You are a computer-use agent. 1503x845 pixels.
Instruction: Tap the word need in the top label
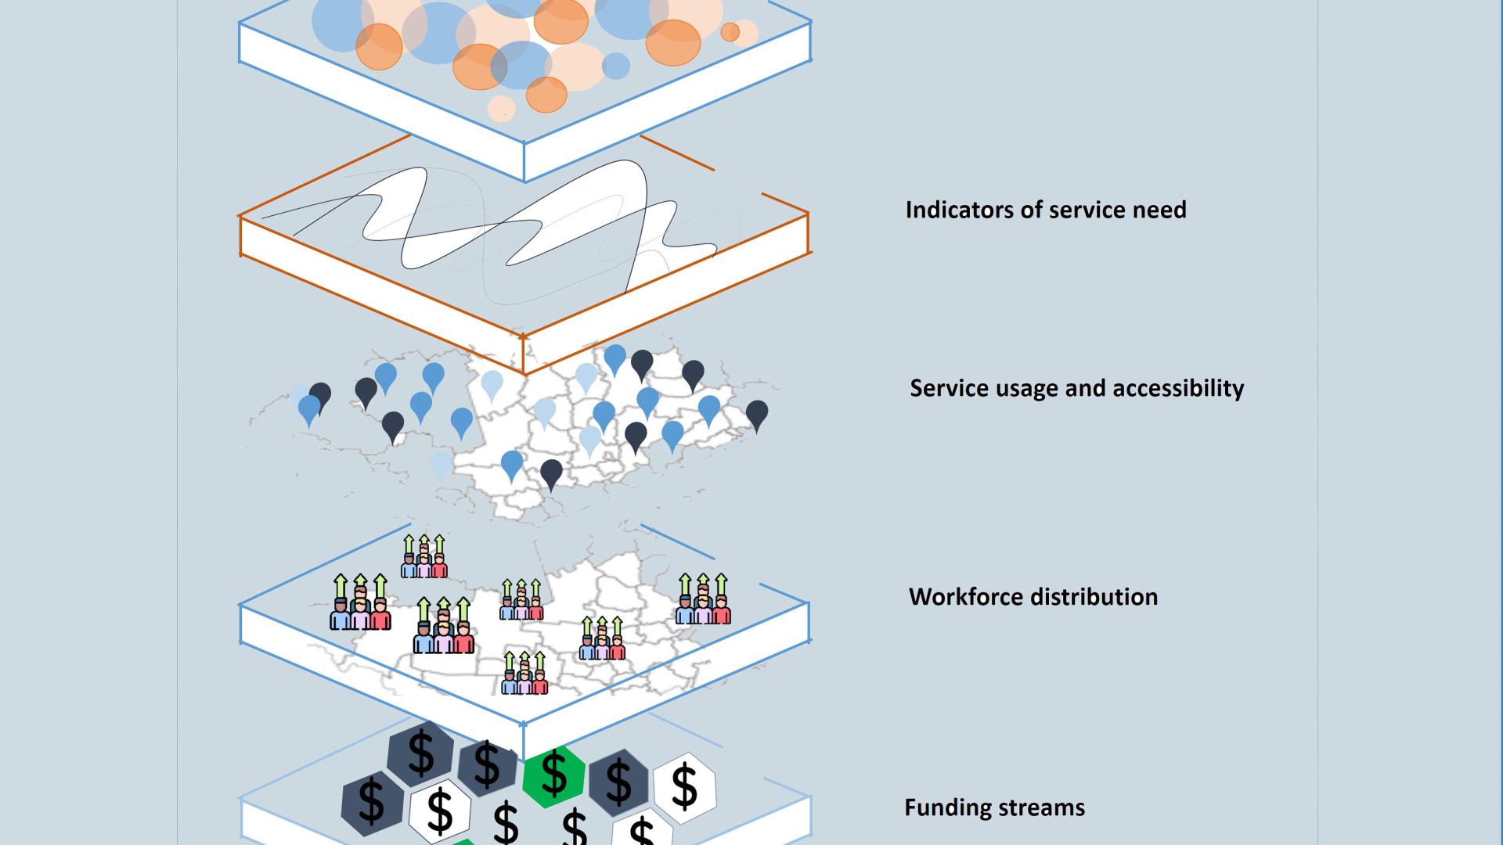point(1162,210)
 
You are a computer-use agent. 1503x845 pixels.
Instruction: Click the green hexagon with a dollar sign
point(554,775)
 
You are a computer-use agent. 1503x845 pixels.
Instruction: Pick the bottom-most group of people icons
point(524,674)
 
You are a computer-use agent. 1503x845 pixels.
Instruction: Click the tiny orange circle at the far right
point(730,32)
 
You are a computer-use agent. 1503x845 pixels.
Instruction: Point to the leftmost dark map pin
point(319,396)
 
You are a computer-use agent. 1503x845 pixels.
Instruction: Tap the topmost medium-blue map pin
point(615,358)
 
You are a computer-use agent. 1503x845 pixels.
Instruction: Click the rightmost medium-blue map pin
point(709,408)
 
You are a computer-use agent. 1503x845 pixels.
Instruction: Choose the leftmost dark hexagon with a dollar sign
point(372,801)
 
